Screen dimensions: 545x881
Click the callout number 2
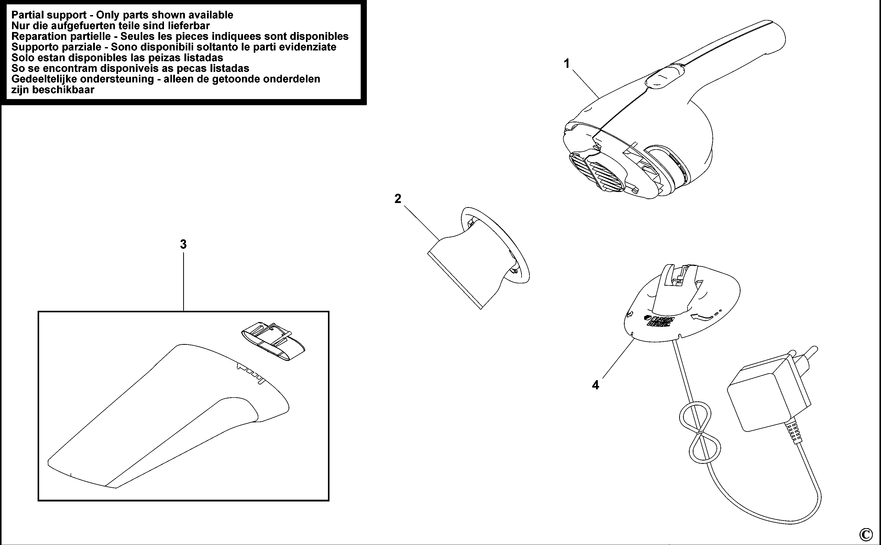point(398,199)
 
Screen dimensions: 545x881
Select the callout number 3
point(183,244)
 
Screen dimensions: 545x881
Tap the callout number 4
point(595,385)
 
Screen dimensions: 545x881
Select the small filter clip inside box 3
point(273,341)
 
